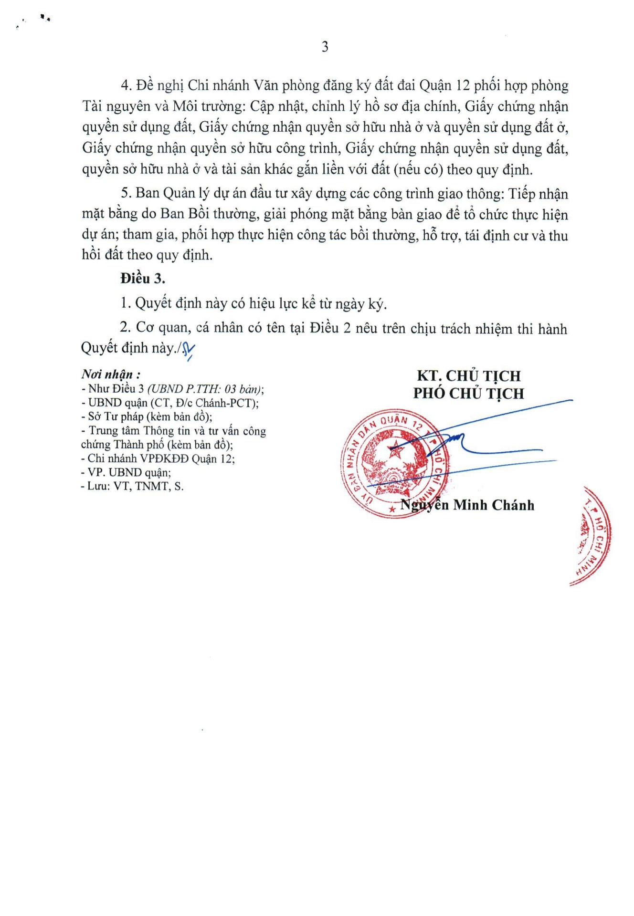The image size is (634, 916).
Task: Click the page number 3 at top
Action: (x=325, y=47)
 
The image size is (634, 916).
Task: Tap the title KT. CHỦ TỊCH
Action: (x=468, y=376)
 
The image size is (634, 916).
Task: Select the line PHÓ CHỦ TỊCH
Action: (x=468, y=394)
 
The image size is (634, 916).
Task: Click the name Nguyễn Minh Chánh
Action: (x=467, y=505)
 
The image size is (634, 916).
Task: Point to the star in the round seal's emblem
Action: (x=395, y=448)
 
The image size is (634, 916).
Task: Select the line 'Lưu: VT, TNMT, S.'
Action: (x=132, y=487)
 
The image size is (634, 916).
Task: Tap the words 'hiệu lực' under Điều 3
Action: (x=274, y=304)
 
